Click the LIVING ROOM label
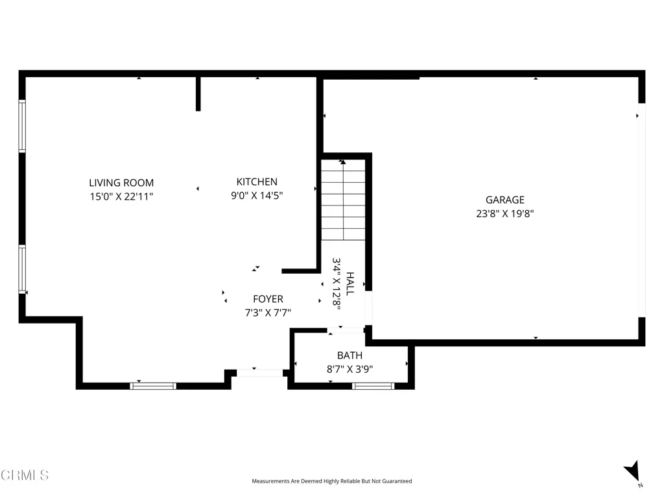[121, 183]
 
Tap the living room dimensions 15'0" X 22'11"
[121, 196]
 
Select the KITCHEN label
[257, 182]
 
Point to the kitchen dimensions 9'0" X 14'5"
[257, 195]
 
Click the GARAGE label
[504, 200]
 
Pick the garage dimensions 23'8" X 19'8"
[504, 213]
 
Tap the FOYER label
[268, 299]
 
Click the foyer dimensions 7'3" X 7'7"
[268, 313]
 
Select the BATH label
[350, 355]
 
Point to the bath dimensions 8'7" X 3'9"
[350, 369]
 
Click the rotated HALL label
[350, 284]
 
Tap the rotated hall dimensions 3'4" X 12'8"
[337, 284]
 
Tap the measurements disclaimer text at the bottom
[331, 481]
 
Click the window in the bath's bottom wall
[373, 386]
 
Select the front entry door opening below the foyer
[259, 373]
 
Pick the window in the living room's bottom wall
[153, 386]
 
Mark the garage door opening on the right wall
[642, 210]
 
